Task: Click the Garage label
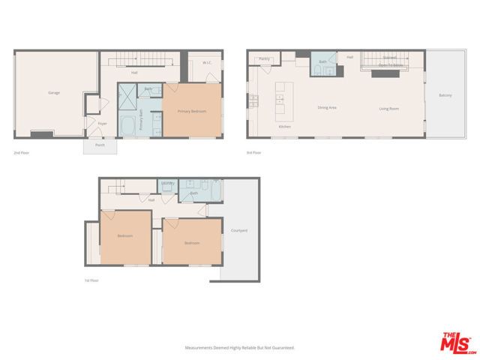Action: pos(54,93)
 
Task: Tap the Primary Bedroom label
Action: pos(191,112)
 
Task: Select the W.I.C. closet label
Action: pos(206,63)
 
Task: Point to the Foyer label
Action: pos(103,124)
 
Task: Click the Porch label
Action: pos(100,145)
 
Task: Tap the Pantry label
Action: pos(264,58)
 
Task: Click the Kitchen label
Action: pos(285,127)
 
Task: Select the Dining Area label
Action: pos(327,108)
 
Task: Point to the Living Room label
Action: pos(388,109)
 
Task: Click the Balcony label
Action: pos(445,95)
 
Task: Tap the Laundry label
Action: pos(168,183)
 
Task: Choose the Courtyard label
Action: pos(239,230)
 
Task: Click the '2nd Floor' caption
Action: pos(22,153)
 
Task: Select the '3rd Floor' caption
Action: pos(253,153)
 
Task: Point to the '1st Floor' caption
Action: pos(91,280)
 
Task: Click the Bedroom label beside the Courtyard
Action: pos(192,243)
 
